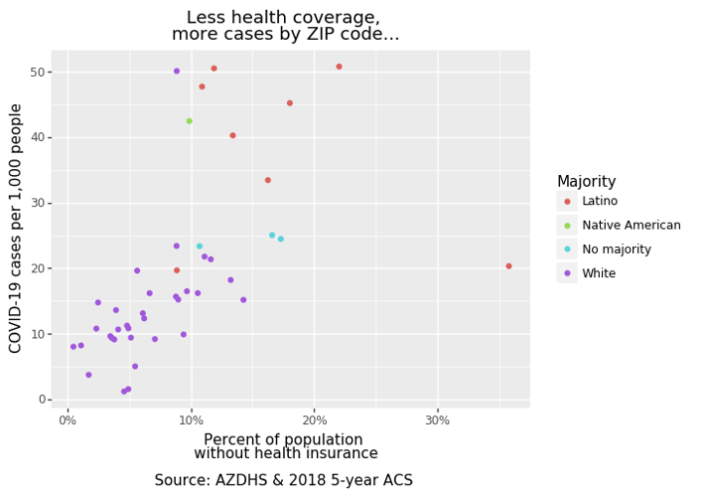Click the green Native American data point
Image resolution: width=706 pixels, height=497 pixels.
[x=189, y=121]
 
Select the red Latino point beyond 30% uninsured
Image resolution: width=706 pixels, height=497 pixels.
[x=508, y=266]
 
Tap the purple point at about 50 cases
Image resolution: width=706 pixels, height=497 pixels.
[x=177, y=72]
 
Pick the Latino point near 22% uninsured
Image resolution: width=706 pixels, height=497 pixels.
[x=339, y=67]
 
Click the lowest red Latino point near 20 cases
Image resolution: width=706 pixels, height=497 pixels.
[x=177, y=270]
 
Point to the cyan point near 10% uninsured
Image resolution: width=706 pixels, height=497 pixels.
[x=199, y=247]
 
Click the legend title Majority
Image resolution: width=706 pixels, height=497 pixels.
[x=586, y=182]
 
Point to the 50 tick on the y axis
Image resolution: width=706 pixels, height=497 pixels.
[x=38, y=73]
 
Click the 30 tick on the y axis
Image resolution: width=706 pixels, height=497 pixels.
[x=38, y=203]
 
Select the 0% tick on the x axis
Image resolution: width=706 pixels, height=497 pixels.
[x=68, y=419]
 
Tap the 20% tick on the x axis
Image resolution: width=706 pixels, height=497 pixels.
[x=314, y=419]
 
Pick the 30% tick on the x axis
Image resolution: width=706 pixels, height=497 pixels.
[x=437, y=419]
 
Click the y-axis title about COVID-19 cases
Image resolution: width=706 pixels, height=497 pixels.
[x=16, y=228]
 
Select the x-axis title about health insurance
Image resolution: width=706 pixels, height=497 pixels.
[x=285, y=446]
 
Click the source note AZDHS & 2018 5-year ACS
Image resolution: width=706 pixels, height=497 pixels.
[x=283, y=481]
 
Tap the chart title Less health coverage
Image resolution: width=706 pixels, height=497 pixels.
[x=285, y=26]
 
